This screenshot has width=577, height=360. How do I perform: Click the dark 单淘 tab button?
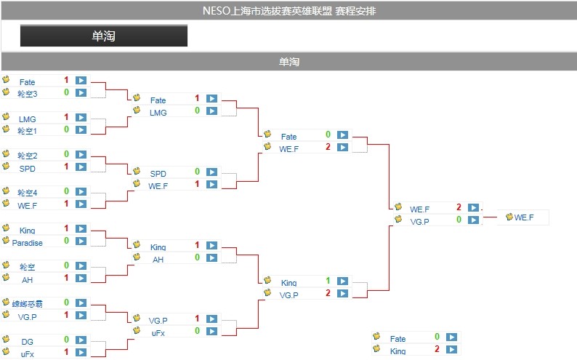click(103, 36)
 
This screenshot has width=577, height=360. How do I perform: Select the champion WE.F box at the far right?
click(523, 217)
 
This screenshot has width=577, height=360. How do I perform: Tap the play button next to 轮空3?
click(81, 92)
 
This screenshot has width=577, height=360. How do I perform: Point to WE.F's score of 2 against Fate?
click(328, 147)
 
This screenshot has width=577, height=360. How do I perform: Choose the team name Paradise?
click(27, 243)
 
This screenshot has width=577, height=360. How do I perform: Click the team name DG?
click(27, 342)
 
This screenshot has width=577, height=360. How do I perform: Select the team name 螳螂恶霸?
click(27, 304)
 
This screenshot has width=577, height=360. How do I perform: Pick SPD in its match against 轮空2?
click(27, 169)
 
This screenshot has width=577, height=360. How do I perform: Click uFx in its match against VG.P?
click(158, 333)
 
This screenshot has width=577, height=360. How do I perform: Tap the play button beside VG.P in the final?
click(473, 220)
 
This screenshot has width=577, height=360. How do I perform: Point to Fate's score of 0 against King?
click(437, 337)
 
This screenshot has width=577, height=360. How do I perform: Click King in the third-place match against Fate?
click(398, 351)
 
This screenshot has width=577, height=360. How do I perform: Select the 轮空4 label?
click(27, 193)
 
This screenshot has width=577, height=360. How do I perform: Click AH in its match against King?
click(158, 260)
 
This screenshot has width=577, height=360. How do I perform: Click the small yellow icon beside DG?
click(6, 339)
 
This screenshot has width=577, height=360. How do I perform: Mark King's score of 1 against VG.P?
click(328, 281)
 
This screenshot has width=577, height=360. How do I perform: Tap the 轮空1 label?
click(27, 131)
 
